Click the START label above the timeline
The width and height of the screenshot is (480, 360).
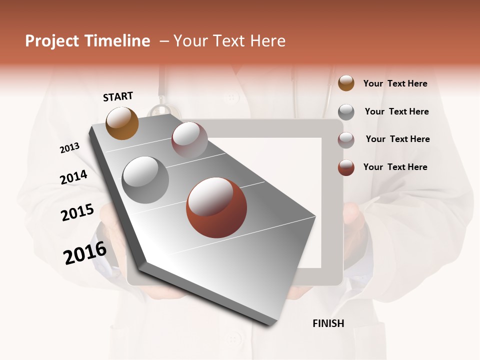pyautogui.click(x=118, y=96)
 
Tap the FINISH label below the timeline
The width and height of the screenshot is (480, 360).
pyautogui.click(x=328, y=323)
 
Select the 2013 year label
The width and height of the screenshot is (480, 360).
pyautogui.click(x=69, y=148)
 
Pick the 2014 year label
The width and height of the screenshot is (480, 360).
pyautogui.click(x=73, y=177)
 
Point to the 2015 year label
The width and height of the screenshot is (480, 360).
pyautogui.click(x=77, y=212)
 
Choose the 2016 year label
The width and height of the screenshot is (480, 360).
pyautogui.click(x=85, y=252)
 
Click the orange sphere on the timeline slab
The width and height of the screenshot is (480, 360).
pyautogui.click(x=122, y=123)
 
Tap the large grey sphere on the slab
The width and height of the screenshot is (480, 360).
pyautogui.click(x=145, y=180)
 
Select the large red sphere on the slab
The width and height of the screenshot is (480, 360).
pyautogui.click(x=216, y=207)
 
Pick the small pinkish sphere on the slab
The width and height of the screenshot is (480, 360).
pyautogui.click(x=189, y=140)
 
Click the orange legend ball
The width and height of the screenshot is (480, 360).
pyautogui.click(x=346, y=83)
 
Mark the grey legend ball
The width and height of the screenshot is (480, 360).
pyautogui.click(x=346, y=112)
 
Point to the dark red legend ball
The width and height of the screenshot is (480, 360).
pyautogui.click(x=346, y=167)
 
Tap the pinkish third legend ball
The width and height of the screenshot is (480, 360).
pyautogui.click(x=346, y=140)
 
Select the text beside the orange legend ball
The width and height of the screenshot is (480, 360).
pyautogui.click(x=395, y=83)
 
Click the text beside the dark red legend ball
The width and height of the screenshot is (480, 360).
pyautogui.click(x=395, y=167)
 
